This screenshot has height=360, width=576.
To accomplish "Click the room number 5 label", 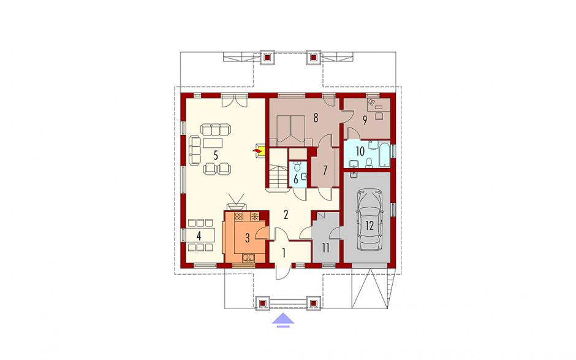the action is [216, 155].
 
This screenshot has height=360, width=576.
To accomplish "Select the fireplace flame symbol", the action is [257, 151].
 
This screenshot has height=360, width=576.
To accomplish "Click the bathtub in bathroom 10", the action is [384, 154].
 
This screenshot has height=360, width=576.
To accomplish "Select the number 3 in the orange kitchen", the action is [248, 239].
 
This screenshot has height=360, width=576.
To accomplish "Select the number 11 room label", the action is [325, 248].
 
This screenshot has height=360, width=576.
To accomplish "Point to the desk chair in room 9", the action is [379, 115].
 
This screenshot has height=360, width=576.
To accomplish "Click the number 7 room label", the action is [325, 170].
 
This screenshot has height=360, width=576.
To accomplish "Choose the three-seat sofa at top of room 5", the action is [216, 129].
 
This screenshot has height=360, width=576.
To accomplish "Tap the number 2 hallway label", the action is [286, 215].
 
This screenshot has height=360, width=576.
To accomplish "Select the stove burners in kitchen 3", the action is [239, 216].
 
